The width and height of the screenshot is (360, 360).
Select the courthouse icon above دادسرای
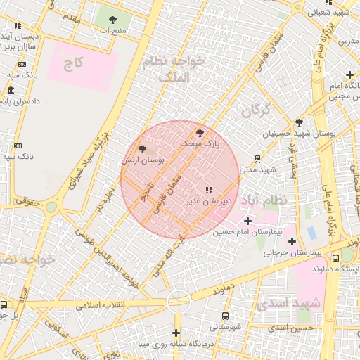[11, 90]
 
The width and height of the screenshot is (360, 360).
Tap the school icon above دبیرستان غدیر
[208, 190]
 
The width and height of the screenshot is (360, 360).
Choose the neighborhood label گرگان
[255, 110]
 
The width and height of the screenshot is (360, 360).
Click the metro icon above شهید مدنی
[257, 158]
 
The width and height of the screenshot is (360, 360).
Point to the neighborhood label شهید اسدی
[288, 304]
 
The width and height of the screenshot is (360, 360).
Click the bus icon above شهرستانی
[225, 316]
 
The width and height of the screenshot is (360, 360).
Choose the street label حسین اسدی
[295, 328]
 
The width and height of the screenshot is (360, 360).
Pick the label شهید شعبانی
[331, 12]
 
